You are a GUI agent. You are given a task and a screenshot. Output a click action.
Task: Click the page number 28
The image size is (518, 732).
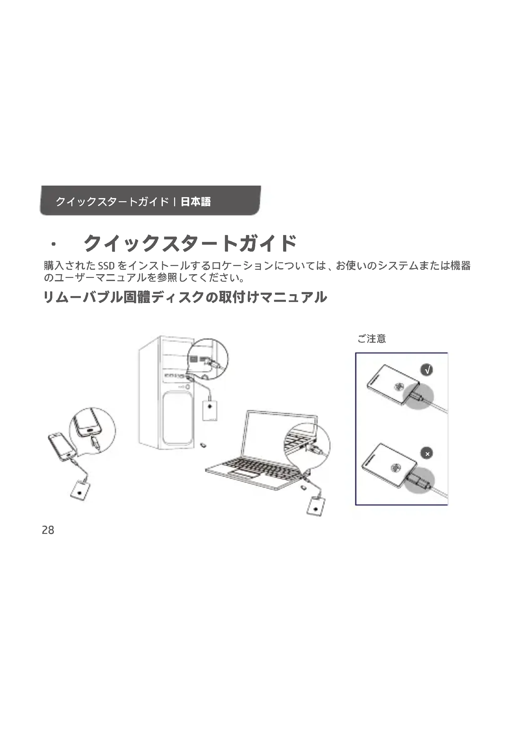point(48,530)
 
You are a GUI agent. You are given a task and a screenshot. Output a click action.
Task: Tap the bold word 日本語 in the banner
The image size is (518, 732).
point(195,202)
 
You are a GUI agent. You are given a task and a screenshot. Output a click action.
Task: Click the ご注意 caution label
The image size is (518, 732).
point(372,339)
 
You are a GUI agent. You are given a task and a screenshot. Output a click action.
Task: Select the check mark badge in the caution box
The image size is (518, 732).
point(427,370)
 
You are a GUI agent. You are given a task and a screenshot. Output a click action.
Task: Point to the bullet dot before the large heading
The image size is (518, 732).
point(53,244)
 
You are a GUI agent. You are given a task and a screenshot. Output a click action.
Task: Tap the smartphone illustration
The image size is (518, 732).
point(62,446)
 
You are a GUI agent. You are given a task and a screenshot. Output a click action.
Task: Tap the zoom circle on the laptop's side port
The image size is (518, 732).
point(307,446)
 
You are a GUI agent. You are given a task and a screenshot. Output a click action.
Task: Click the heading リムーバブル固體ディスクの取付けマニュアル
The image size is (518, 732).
point(185,297)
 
